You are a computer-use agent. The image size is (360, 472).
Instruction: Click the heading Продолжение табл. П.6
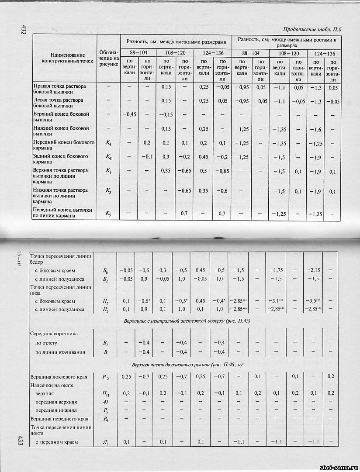[x=312, y=30]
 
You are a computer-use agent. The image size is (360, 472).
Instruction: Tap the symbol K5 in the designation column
[x=108, y=213]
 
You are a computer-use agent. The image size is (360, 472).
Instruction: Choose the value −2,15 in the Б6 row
[x=313, y=270]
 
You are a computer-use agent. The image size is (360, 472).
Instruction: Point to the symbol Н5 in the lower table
[x=105, y=310]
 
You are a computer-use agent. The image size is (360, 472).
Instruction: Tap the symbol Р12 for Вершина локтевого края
[x=105, y=377]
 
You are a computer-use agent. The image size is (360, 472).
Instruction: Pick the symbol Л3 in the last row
[x=105, y=442]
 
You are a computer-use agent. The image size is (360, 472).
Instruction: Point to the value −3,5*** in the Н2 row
[x=313, y=301]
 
